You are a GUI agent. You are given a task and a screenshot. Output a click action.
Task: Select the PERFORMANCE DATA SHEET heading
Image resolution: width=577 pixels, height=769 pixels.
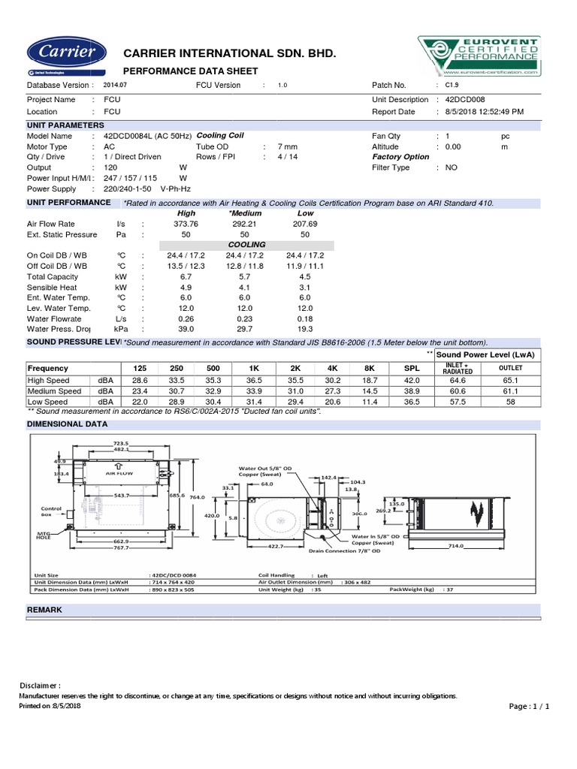pyautogui.click(x=190, y=71)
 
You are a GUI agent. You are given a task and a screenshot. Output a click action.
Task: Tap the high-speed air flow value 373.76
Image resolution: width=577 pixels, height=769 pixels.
pyautogui.click(x=186, y=224)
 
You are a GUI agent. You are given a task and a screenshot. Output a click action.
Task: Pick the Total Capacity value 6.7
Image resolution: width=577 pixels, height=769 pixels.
pyautogui.click(x=186, y=276)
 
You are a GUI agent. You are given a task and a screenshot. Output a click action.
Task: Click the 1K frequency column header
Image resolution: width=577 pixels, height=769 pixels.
pyautogui.click(x=257, y=369)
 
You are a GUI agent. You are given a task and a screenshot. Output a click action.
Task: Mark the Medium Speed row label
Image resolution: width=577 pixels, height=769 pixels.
pyautogui.click(x=54, y=392)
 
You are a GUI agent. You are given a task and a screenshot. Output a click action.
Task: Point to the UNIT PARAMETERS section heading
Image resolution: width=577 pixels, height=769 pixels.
pyautogui.click(x=65, y=125)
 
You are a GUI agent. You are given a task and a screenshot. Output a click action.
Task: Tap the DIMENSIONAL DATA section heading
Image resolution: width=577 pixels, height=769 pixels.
pyautogui.click(x=67, y=424)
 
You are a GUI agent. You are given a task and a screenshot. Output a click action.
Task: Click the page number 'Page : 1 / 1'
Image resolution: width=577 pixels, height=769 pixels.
pyautogui.click(x=530, y=707)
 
